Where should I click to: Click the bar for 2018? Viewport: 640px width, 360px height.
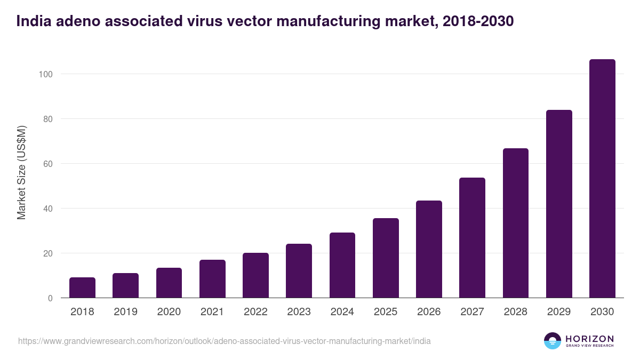pos(82,287)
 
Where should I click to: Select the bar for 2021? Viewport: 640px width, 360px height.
pos(212,279)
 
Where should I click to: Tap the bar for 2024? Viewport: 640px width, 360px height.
pos(342,265)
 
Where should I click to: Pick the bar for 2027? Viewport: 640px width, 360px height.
pos(472,238)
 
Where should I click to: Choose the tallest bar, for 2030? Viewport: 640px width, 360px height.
pos(602,179)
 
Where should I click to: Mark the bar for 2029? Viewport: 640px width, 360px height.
pos(559,204)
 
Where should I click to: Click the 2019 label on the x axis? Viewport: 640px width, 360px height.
pos(125,312)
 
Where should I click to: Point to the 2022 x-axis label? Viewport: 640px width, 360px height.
pos(255,312)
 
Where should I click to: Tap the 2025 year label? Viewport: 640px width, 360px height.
pos(386,312)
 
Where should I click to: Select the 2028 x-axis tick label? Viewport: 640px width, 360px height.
pos(515,312)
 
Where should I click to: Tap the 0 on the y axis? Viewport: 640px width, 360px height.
pos(50,298)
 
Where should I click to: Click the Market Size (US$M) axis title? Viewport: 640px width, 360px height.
pos(21,172)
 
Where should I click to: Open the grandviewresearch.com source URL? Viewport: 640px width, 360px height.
pos(225,341)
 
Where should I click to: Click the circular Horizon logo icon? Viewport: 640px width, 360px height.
pos(553,341)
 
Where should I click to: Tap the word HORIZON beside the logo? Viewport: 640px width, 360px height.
pos(589,338)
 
